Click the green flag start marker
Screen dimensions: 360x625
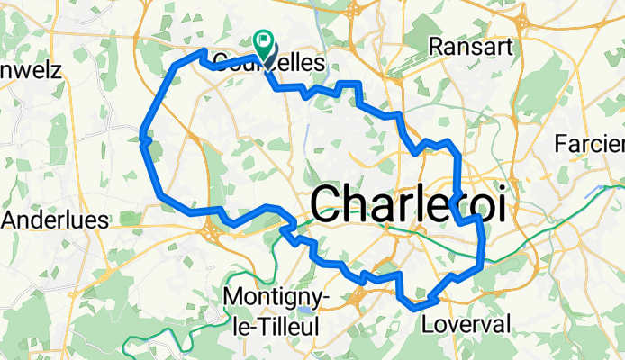tap(265, 39)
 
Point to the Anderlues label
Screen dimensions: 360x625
tap(57, 220)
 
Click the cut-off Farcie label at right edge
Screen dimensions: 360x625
tap(590, 143)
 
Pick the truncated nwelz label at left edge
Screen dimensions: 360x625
tap(31, 70)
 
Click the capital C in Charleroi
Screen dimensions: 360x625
tap(331, 204)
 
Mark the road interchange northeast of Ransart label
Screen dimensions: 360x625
tap(522, 18)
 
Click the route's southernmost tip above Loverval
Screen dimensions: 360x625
tap(415, 307)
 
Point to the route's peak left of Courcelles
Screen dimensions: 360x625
tap(204, 53)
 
